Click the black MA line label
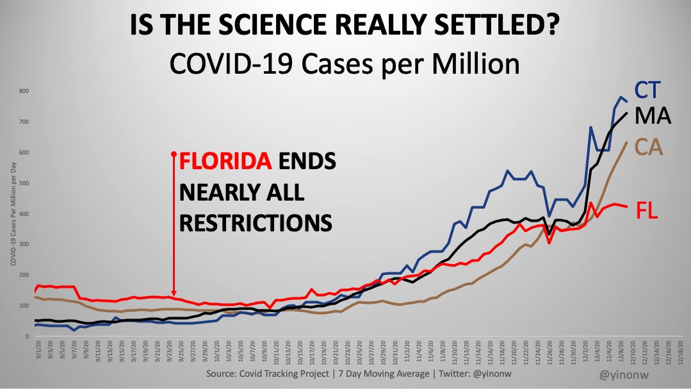[652, 117]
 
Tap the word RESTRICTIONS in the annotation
[256, 222]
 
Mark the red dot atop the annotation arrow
[174, 154]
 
